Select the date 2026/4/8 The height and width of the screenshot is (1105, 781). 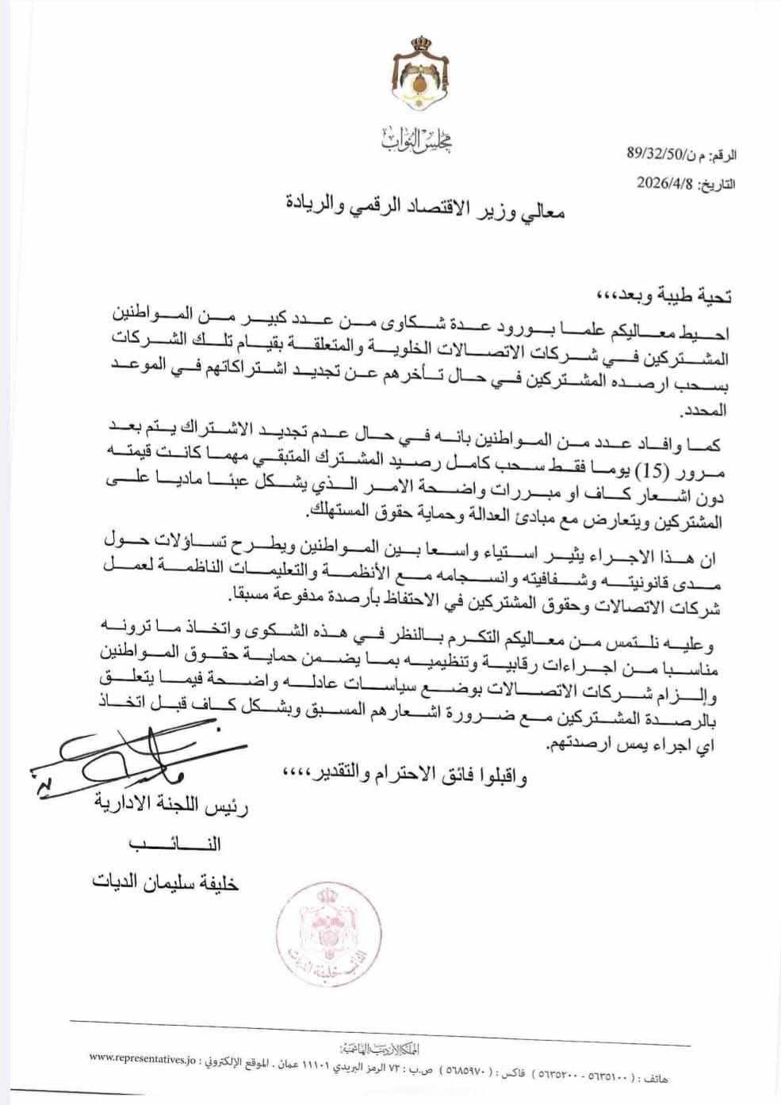pyautogui.click(x=664, y=183)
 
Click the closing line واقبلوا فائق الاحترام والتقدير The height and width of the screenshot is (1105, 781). pyautogui.click(x=403, y=774)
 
